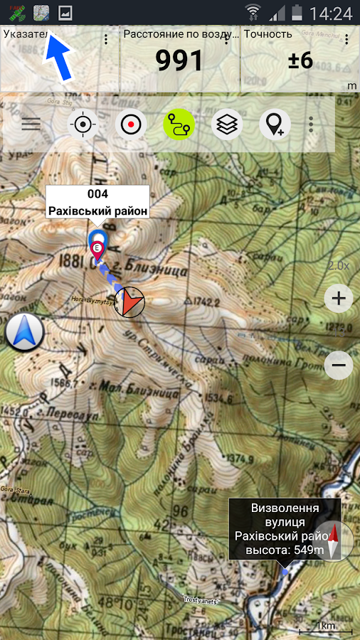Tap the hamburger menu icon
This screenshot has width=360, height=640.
31,124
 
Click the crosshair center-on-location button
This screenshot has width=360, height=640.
83,124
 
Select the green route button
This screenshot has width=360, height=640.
179,125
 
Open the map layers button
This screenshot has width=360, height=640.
227,124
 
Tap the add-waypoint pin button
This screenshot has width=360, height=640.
275,124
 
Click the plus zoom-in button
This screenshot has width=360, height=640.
339,298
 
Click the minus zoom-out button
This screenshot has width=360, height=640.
339,366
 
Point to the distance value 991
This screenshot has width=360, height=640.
180,61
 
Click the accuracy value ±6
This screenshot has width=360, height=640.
300,61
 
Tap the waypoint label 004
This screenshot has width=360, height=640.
97,194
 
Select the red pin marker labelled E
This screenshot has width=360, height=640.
98,250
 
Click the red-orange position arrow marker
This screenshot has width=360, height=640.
129,302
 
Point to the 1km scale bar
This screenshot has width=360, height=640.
325,628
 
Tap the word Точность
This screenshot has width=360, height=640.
268,34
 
